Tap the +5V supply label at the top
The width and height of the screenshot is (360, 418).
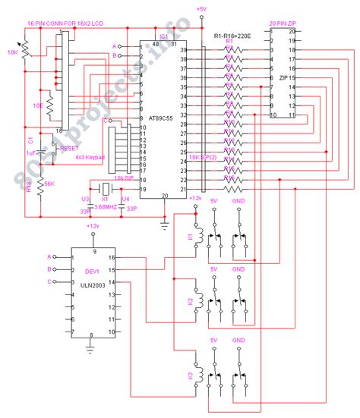tap(201, 8)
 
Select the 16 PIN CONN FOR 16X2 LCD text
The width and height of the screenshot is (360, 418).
tap(65, 24)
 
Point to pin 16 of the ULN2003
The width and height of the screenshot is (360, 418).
tap(112, 258)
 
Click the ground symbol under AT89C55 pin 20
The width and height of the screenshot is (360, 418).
tap(165, 225)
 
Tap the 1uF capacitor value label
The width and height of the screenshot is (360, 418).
tap(30, 153)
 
